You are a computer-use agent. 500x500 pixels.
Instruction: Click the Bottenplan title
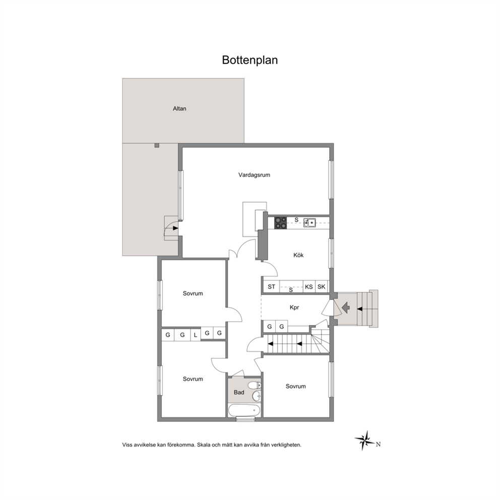249,60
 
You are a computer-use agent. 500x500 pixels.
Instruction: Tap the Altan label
179,108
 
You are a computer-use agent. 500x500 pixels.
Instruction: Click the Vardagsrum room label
254,175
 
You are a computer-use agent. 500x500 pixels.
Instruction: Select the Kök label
298,255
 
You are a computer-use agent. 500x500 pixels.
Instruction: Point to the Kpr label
294,308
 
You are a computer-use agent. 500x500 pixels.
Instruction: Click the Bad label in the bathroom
239,392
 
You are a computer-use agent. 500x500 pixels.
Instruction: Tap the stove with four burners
281,223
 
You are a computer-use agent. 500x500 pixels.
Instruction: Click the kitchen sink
309,222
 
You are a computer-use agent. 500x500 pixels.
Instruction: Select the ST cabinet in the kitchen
271,287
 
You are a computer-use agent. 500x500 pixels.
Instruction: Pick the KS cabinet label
308,287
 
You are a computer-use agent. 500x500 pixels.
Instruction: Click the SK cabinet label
322,287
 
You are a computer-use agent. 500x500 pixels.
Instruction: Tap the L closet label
196,335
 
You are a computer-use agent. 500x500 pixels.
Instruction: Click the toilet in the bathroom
255,385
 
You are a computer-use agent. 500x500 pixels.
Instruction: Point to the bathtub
244,410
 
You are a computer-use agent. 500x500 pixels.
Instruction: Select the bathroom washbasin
257,396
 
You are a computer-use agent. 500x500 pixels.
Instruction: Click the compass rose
365,441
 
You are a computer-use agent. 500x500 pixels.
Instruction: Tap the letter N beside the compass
378,444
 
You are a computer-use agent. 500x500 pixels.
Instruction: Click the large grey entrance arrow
346,308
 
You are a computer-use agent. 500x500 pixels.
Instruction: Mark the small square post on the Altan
157,145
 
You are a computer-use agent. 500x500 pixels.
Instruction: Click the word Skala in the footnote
204,445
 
